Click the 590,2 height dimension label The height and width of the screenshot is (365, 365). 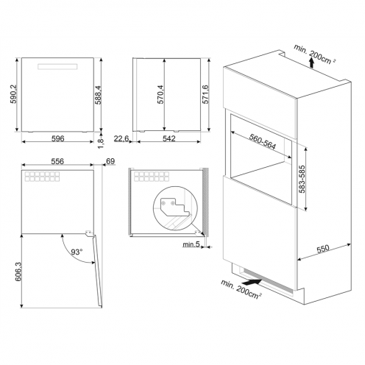click(x=13, y=94)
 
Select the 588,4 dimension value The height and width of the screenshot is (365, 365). click(x=98, y=95)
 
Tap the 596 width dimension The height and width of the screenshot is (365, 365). click(x=57, y=138)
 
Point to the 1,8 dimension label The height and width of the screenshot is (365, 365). click(x=101, y=143)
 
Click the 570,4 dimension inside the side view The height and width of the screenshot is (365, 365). click(x=160, y=94)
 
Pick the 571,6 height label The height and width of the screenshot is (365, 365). click(x=205, y=94)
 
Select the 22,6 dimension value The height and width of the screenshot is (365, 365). click(x=121, y=138)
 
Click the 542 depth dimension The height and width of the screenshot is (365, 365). click(x=169, y=138)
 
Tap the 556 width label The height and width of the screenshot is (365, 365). click(x=57, y=161)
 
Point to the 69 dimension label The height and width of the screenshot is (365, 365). click(x=110, y=161)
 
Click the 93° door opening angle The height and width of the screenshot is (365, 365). click(x=77, y=252)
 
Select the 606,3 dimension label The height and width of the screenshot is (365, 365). click(x=18, y=272)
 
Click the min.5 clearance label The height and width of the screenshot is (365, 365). click(x=191, y=244)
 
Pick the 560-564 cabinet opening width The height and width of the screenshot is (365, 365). click(x=263, y=141)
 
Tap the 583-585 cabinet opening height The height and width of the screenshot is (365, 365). click(x=302, y=179)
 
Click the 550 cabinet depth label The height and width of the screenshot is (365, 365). click(x=323, y=249)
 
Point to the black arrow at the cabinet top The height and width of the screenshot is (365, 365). click(x=311, y=63)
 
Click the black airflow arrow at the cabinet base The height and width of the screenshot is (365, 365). click(x=253, y=281)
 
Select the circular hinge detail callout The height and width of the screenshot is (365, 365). click(x=175, y=208)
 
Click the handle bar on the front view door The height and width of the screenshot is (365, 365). click(x=57, y=66)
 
